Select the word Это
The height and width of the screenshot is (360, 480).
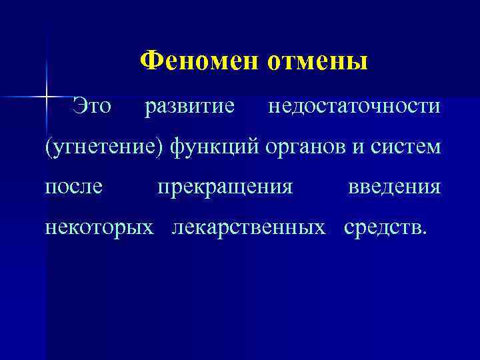(93, 105)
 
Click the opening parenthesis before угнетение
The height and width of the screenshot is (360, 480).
(48, 147)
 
